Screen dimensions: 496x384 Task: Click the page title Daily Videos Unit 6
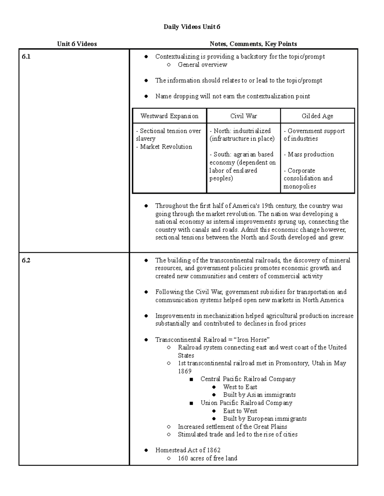click(192, 27)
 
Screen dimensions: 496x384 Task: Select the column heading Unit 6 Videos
click(77, 44)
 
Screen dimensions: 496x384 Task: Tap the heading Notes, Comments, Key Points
click(253, 44)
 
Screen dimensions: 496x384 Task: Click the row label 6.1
click(26, 57)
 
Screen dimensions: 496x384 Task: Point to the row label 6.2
click(26, 260)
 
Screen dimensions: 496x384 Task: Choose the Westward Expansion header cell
click(169, 116)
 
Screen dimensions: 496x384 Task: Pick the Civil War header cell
click(244, 116)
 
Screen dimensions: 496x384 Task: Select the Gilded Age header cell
click(317, 116)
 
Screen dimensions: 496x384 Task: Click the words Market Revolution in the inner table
click(166, 147)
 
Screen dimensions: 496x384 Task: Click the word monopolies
click(300, 186)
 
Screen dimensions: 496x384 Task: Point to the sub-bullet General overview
click(202, 65)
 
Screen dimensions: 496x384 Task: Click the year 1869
click(185, 371)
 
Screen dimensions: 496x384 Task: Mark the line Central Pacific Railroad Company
click(248, 379)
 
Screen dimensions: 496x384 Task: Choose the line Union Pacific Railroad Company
click(246, 403)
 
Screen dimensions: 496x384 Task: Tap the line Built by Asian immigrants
click(259, 395)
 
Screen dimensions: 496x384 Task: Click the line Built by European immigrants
click(265, 418)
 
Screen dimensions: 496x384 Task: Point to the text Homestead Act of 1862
click(188, 450)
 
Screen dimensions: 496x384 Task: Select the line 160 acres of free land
click(207, 458)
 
